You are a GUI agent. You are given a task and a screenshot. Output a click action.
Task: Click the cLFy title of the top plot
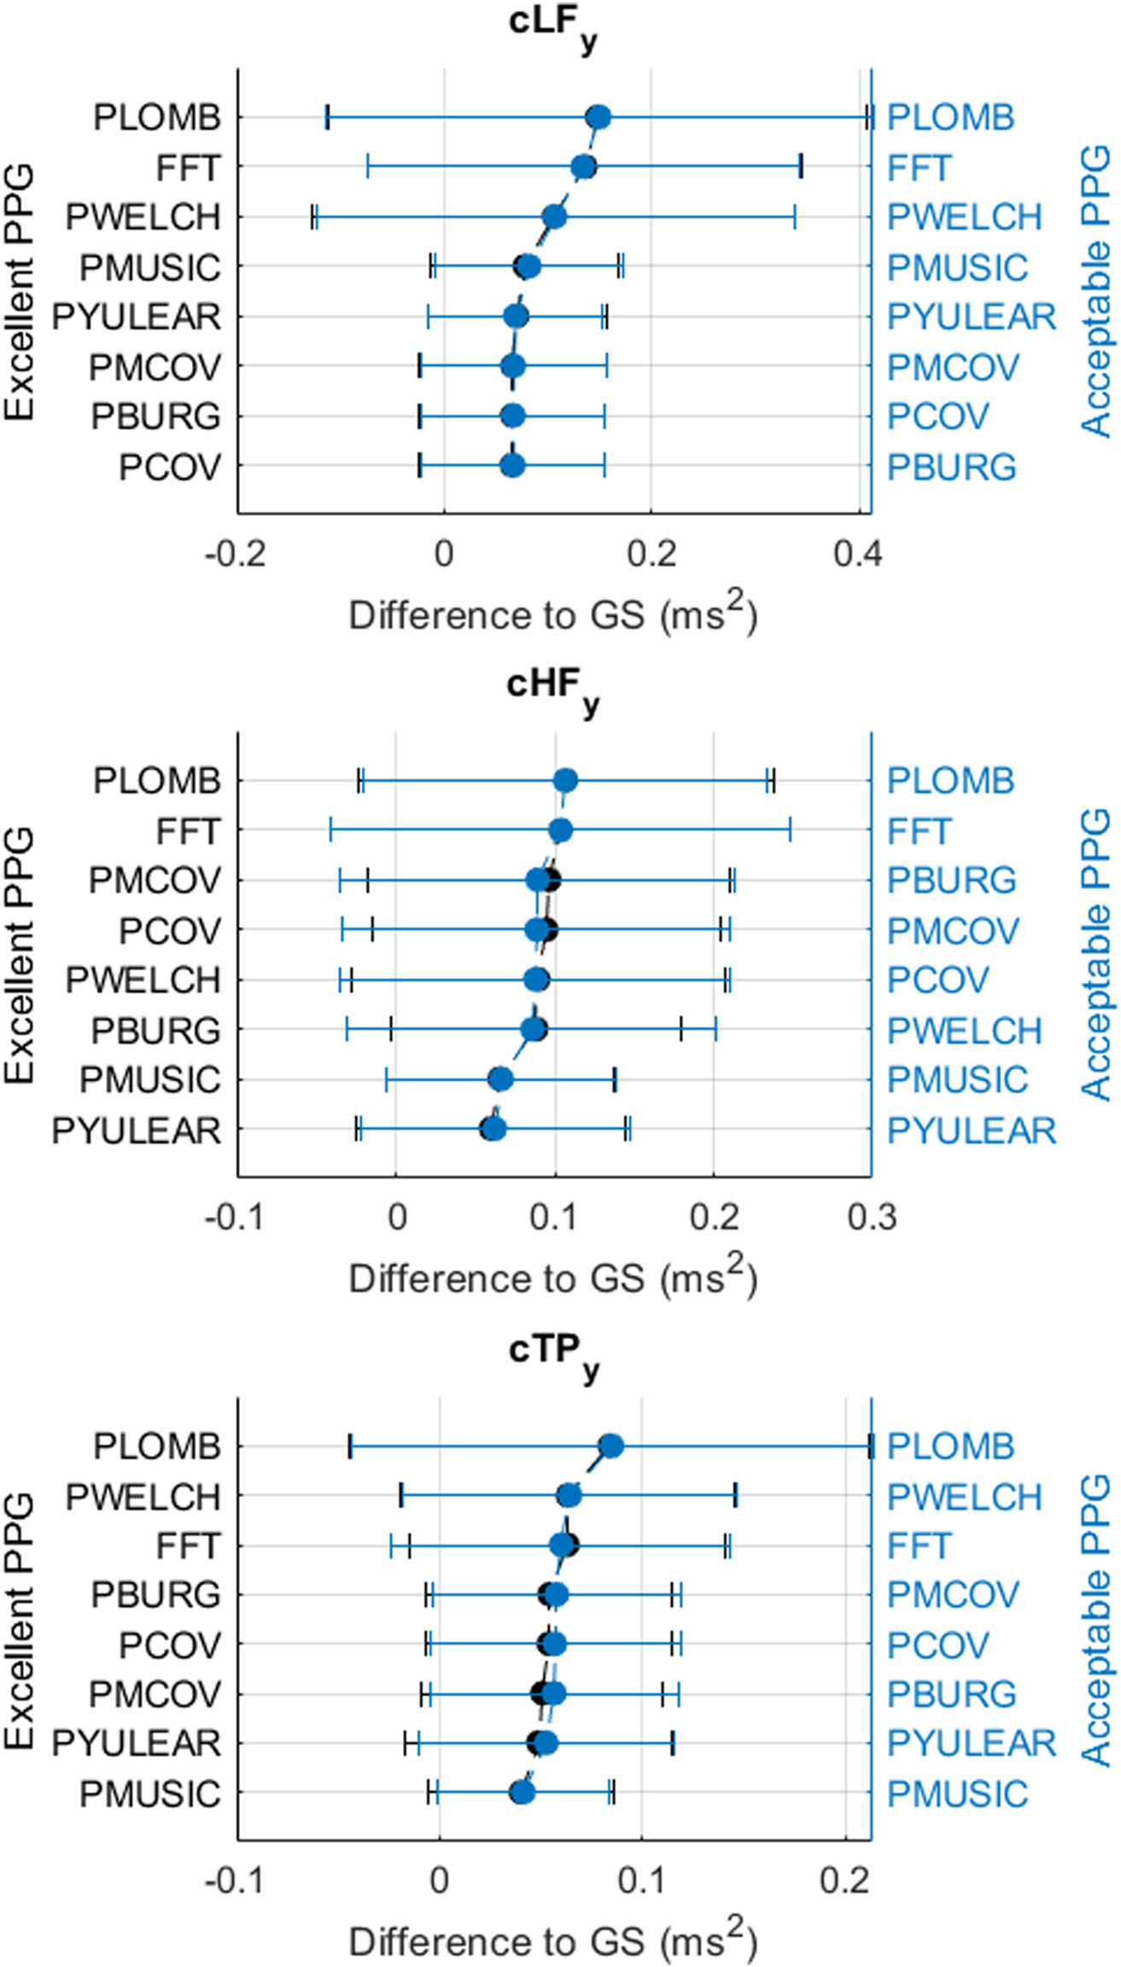tap(552, 26)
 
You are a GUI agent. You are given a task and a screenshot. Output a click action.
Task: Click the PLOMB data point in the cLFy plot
tap(599, 118)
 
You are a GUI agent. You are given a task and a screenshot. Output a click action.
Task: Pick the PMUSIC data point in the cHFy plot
tap(501, 1080)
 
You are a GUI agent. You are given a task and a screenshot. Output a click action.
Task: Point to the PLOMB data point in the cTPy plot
tap(611, 1446)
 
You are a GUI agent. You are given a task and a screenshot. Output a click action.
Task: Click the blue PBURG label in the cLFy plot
tap(951, 468)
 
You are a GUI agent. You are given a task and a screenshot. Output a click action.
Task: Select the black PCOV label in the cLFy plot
tap(169, 468)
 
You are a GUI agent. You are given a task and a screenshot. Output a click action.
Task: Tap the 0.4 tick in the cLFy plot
tap(857, 555)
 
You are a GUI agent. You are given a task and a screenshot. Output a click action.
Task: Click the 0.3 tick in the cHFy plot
tap(872, 1218)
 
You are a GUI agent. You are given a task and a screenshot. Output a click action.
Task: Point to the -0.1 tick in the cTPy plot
tap(235, 1881)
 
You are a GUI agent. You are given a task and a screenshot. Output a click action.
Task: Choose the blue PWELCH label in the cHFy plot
tap(964, 1031)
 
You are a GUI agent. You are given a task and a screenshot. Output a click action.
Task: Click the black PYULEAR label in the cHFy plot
tap(136, 1131)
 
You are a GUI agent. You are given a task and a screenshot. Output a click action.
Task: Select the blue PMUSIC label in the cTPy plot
tap(957, 1795)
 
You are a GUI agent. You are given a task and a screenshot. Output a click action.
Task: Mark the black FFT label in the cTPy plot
tap(188, 1545)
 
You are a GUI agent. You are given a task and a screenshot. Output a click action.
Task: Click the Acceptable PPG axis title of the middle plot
tap(1096, 954)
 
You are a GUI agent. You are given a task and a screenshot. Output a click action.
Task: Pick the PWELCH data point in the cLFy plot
tap(554, 217)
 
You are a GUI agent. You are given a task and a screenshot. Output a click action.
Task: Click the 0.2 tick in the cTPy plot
tap(845, 1881)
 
